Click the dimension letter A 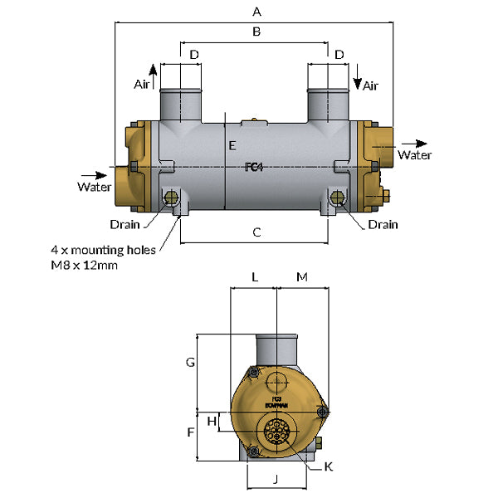point(256,12)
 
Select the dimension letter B point(256,32)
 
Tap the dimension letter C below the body point(256,233)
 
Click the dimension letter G point(190,363)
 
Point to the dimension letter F point(190,432)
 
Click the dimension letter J point(275,478)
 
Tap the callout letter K point(328,467)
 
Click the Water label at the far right point(415,154)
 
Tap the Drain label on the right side point(383,224)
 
